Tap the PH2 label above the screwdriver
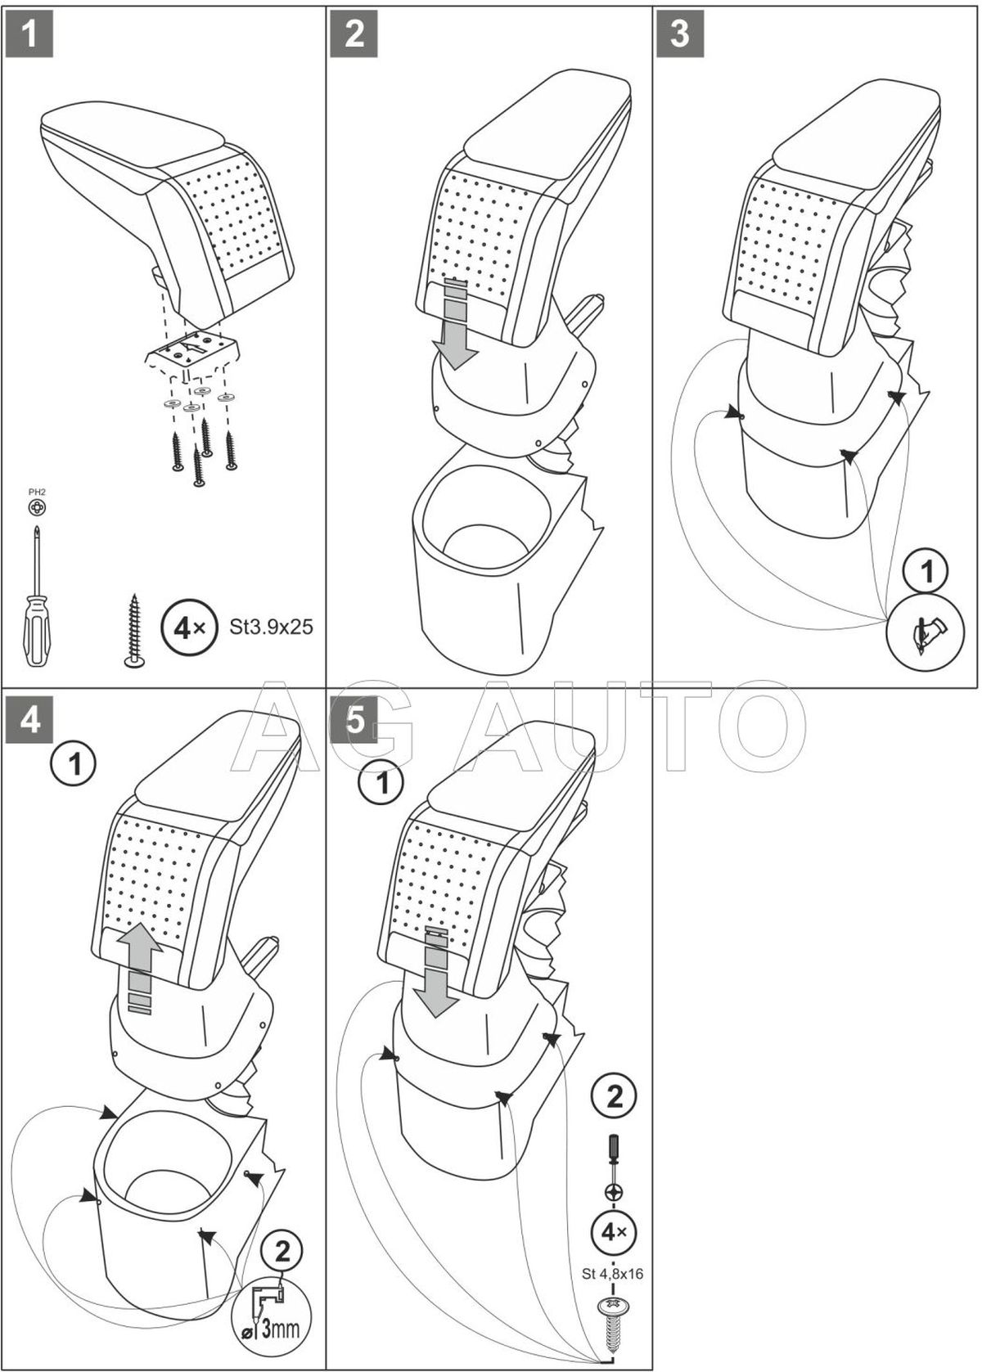pos(37,493)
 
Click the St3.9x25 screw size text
pos(271,628)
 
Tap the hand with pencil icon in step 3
pos(927,631)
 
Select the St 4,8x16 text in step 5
pos(614,1273)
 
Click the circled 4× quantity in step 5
pos(614,1230)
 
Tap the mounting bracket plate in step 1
pos(193,352)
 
